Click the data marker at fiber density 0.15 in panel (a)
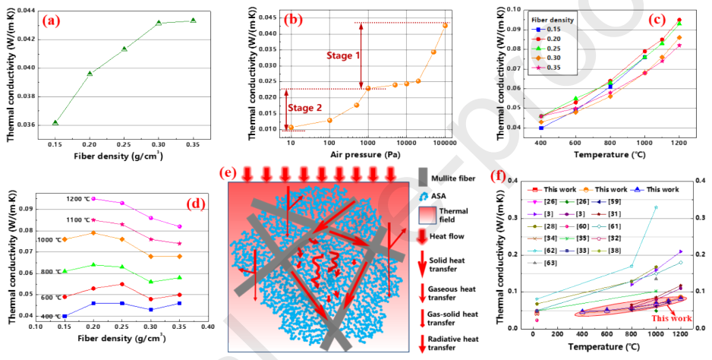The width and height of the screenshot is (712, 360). tap(55, 122)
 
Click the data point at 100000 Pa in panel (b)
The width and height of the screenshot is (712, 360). tap(445, 25)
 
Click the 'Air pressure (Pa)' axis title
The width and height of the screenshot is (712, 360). tap(365, 153)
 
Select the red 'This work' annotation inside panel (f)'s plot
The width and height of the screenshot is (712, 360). tap(659, 321)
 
